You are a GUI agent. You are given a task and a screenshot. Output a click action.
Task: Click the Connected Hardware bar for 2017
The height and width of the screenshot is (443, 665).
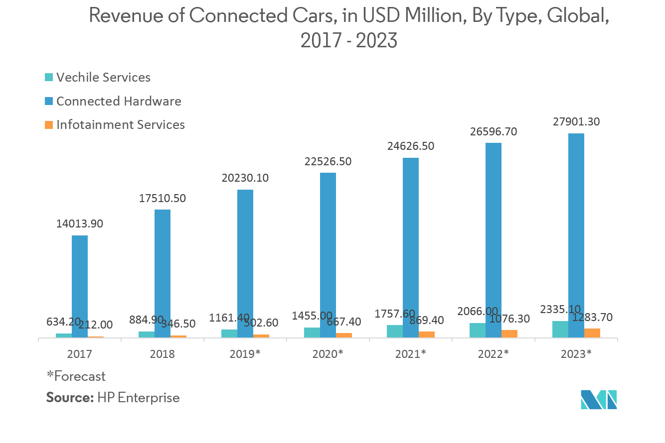(80, 287)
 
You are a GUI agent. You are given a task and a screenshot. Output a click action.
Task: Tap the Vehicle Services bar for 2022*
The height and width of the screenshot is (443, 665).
(478, 331)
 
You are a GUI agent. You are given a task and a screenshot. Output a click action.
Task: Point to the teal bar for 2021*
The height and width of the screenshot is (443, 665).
(395, 332)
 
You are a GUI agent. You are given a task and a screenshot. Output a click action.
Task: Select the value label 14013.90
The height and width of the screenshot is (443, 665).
(80, 224)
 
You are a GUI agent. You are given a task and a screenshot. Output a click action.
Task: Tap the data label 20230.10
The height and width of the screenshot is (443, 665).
(245, 178)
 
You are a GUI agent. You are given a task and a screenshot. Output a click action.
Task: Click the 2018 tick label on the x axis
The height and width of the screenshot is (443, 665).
(163, 354)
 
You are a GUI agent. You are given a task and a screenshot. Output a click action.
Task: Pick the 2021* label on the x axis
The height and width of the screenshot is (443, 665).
(410, 354)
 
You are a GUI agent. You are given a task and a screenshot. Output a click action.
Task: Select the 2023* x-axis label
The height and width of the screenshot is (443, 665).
(576, 354)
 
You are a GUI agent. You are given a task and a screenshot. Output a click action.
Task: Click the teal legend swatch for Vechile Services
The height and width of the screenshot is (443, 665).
(48, 78)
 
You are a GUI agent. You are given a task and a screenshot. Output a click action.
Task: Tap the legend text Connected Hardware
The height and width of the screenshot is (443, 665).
(119, 101)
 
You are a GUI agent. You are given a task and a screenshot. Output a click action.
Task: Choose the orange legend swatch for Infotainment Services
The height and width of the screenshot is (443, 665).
(48, 125)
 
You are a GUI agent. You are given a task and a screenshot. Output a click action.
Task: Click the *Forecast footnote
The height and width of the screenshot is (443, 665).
(76, 376)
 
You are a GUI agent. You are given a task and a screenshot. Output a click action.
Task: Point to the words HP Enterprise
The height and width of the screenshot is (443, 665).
(139, 398)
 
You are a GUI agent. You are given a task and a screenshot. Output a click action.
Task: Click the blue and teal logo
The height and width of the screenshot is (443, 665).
(599, 399)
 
